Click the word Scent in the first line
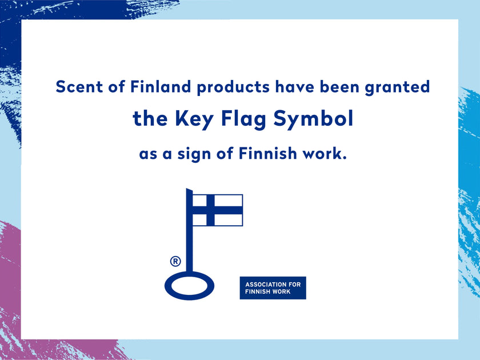coord(75,87)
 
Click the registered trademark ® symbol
coord(175,262)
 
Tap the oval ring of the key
coord(189,285)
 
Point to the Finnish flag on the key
coord(217,210)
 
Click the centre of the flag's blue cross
coord(210,210)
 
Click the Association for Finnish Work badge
coord(273,288)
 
